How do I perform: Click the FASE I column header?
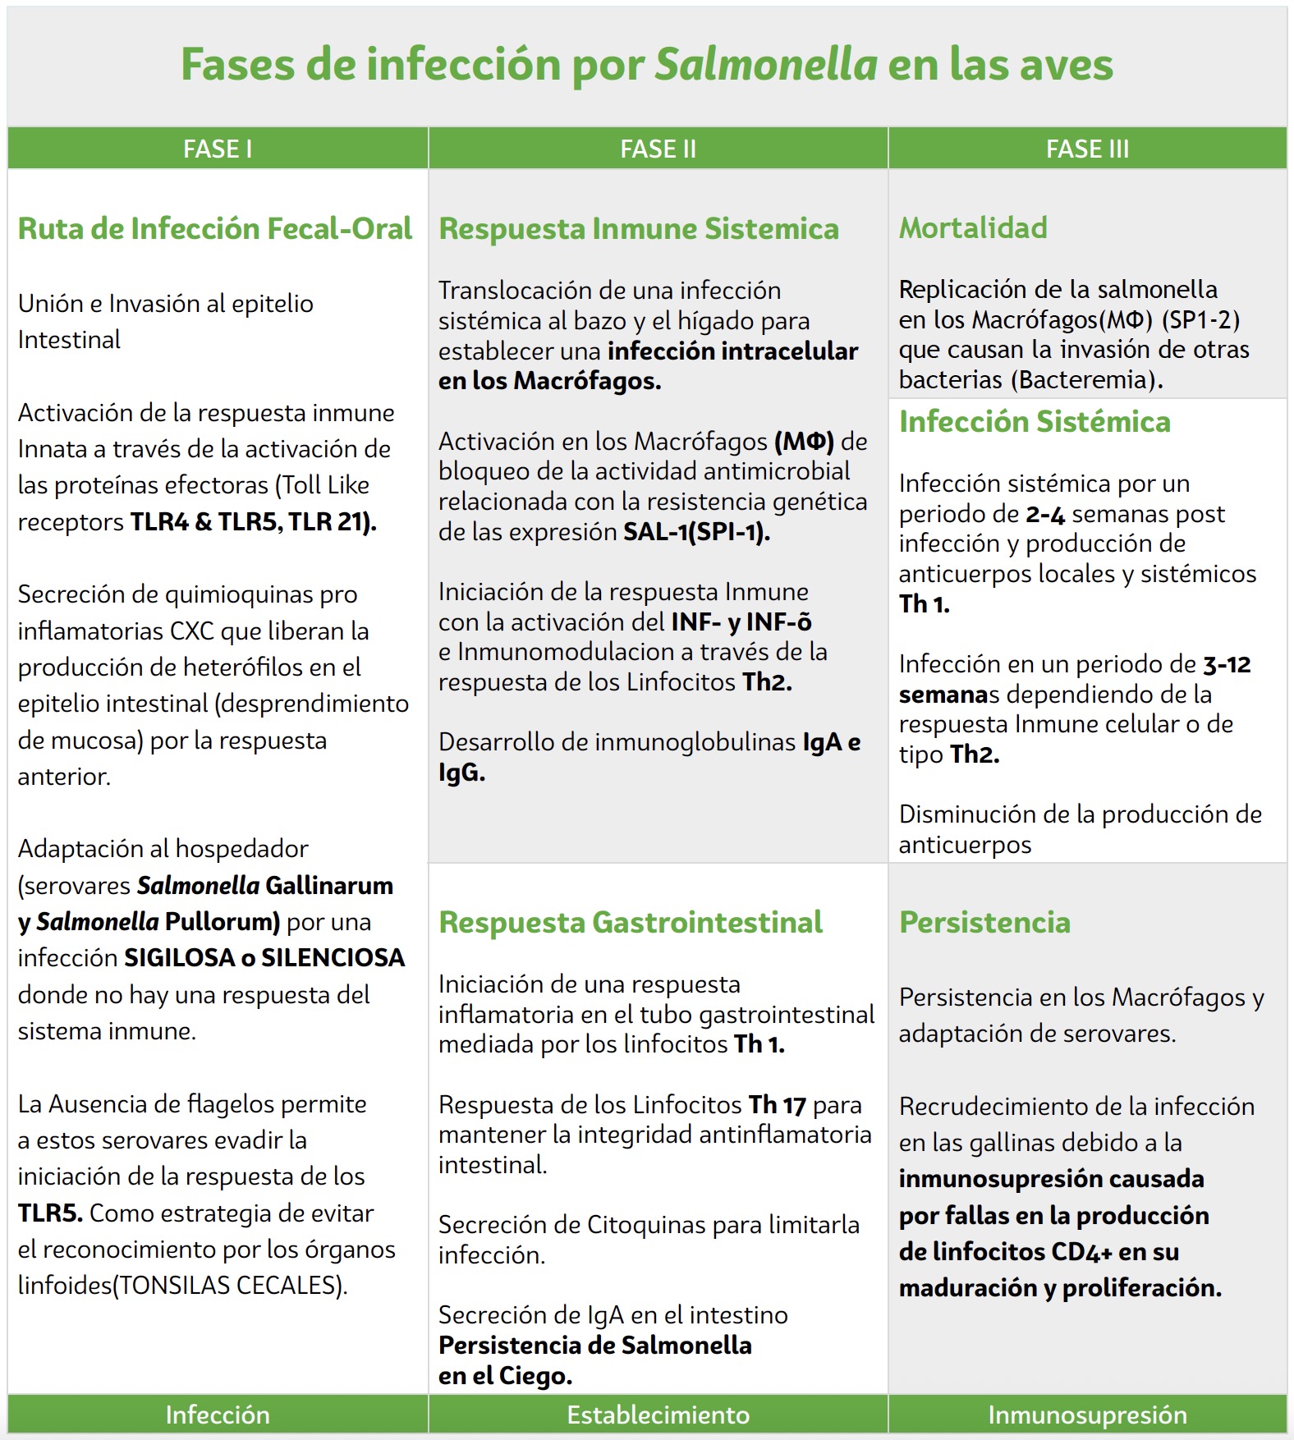(218, 149)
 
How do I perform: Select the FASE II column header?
(658, 149)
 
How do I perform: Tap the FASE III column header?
(1087, 149)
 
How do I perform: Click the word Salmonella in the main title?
(766, 64)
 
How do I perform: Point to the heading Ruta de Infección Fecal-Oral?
(215, 228)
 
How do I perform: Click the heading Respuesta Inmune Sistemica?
(639, 228)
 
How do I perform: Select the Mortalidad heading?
(973, 227)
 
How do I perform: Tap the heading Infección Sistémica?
(1035, 421)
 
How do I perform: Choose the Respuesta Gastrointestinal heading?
(631, 922)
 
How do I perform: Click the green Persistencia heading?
(984, 922)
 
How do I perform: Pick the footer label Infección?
(218, 1415)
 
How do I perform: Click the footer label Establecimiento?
(658, 1415)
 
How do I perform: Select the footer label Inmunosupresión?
(1087, 1415)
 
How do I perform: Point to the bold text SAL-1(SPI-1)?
(696, 532)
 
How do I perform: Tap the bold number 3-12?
(1227, 664)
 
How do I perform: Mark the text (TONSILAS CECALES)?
(229, 1285)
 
